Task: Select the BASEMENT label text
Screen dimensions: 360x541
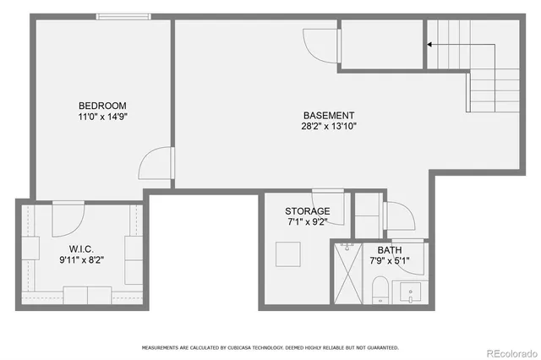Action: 329,116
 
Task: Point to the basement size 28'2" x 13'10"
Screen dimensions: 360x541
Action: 329,127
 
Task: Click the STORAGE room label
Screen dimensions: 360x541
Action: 307,211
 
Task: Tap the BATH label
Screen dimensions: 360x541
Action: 390,250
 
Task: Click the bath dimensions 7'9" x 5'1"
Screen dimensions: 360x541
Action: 390,261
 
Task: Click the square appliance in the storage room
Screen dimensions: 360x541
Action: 287,254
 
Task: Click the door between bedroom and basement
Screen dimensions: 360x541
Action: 159,162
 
